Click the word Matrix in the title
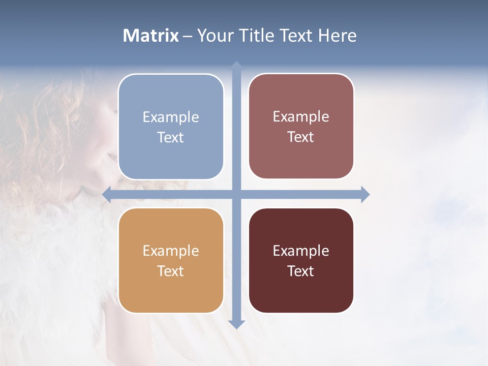point(150,36)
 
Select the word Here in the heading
point(337,36)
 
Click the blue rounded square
point(171,127)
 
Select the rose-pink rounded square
point(301,126)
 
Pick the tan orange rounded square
point(171,260)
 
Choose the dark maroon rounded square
point(301,260)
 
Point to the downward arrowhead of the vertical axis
point(236,324)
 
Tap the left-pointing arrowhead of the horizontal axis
point(106,194)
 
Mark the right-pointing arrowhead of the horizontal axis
point(365,194)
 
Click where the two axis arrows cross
point(236,194)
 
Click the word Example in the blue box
point(171,117)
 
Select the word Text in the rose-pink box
point(301,137)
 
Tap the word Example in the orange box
point(171,251)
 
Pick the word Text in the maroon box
point(301,271)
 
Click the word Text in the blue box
point(171,138)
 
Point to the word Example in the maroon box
point(301,251)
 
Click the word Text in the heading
point(295,36)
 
